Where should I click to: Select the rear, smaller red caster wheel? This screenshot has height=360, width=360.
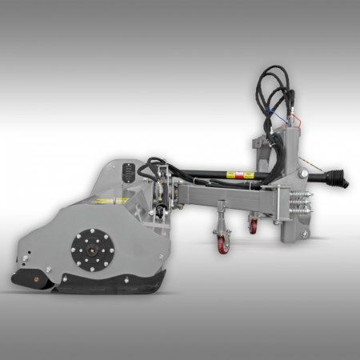(x=253, y=226)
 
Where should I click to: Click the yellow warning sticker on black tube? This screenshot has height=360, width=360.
(x=237, y=174)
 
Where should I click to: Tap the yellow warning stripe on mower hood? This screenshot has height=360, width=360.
(x=99, y=199)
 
